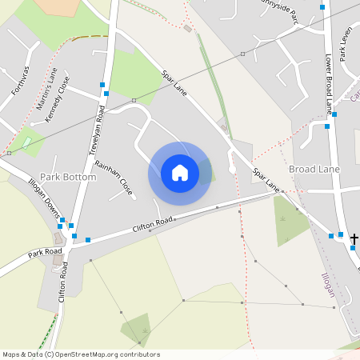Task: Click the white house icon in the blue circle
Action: (x=180, y=173)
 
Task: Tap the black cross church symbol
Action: (x=354, y=238)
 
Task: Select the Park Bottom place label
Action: (x=67, y=176)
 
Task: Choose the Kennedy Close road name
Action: (x=58, y=99)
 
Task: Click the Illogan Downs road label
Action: (x=46, y=204)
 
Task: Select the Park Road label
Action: (x=45, y=254)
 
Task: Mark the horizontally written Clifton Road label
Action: (x=153, y=222)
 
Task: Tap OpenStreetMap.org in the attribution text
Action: (x=90, y=354)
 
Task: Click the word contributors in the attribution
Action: (x=140, y=354)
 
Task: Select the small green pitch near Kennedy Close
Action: (x=29, y=142)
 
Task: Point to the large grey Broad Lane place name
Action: (x=314, y=170)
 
